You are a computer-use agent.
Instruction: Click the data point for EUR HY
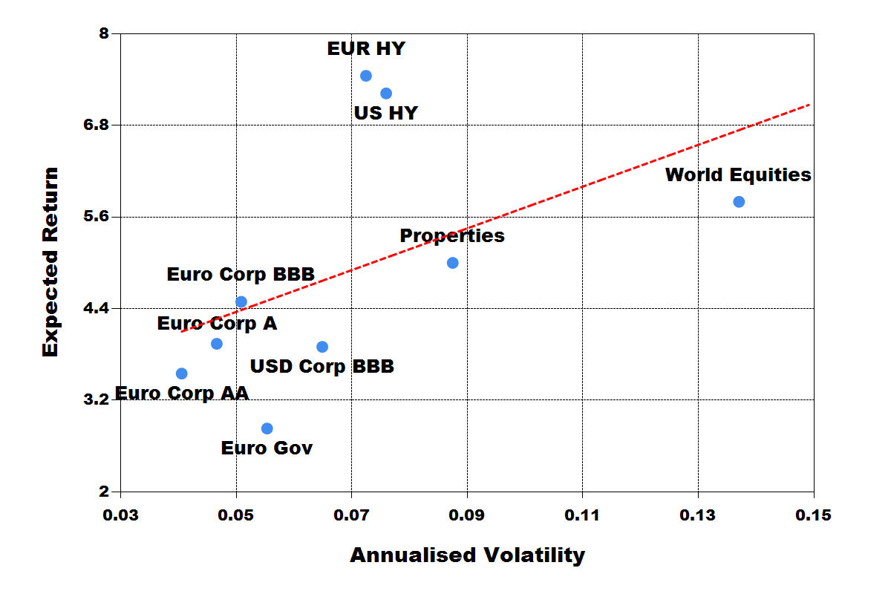(366, 76)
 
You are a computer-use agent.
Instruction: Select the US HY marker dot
(386, 94)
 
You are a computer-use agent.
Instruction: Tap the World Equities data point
(739, 202)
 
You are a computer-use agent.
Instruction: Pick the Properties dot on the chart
(453, 263)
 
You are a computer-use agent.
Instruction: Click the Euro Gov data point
(267, 428)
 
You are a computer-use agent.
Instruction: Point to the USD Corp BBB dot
(322, 347)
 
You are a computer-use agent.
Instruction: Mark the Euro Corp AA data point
(182, 373)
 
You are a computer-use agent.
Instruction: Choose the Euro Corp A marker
(217, 344)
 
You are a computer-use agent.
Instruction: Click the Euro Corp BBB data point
(241, 301)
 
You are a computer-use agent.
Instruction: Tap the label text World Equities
(738, 175)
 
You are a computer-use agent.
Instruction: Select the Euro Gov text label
(267, 448)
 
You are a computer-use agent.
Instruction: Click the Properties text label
(452, 236)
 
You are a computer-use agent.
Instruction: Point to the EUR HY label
(366, 49)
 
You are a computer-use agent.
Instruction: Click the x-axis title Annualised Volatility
(467, 555)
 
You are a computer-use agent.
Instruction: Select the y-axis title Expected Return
(50, 262)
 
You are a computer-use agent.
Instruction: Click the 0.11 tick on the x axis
(582, 515)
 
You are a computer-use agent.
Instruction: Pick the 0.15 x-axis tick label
(814, 515)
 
